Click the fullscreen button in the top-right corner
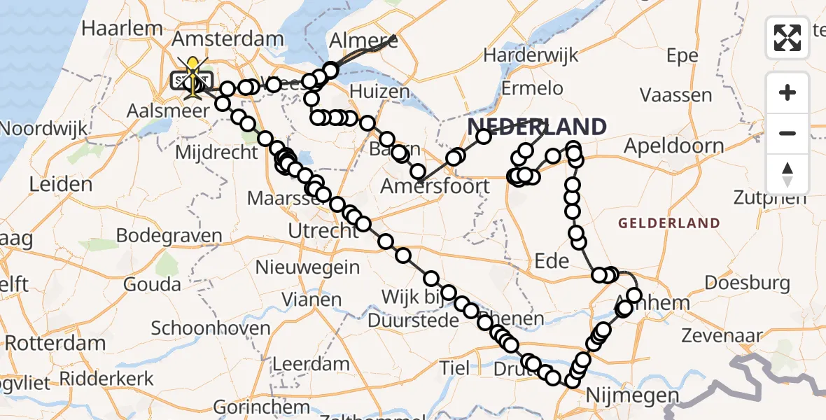tap(787, 37)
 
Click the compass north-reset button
tap(787, 174)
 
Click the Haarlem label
tap(122, 29)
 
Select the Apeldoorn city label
tap(673, 146)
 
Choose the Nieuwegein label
tap(307, 267)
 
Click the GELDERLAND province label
tap(668, 223)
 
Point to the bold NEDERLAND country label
tap(537, 127)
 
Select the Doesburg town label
tap(747, 283)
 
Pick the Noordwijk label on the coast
tap(43, 129)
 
